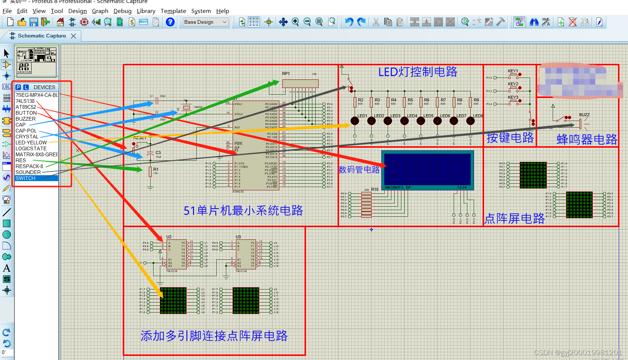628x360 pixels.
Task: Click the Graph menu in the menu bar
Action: (100, 11)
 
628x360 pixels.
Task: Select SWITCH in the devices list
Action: (26, 178)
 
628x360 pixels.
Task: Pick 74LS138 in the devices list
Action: (25, 101)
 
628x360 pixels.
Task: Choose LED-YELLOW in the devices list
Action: (31, 143)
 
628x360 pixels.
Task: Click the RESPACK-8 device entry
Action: (29, 166)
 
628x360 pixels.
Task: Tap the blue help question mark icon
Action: (170, 22)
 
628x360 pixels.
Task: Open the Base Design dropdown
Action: (206, 22)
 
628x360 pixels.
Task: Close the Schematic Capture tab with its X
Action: (73, 36)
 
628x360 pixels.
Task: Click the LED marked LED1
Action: (355, 121)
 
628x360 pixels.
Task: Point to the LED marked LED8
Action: (470, 121)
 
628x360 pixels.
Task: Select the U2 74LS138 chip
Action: (177, 254)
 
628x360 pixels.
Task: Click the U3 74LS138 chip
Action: (246, 254)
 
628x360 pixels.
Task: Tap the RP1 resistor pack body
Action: (300, 84)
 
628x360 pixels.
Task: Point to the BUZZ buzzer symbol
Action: (581, 124)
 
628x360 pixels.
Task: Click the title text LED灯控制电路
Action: (418, 72)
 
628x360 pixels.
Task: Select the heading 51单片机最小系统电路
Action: (243, 210)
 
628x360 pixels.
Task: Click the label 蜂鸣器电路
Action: (586, 140)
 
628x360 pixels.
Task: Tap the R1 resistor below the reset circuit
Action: (150, 172)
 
